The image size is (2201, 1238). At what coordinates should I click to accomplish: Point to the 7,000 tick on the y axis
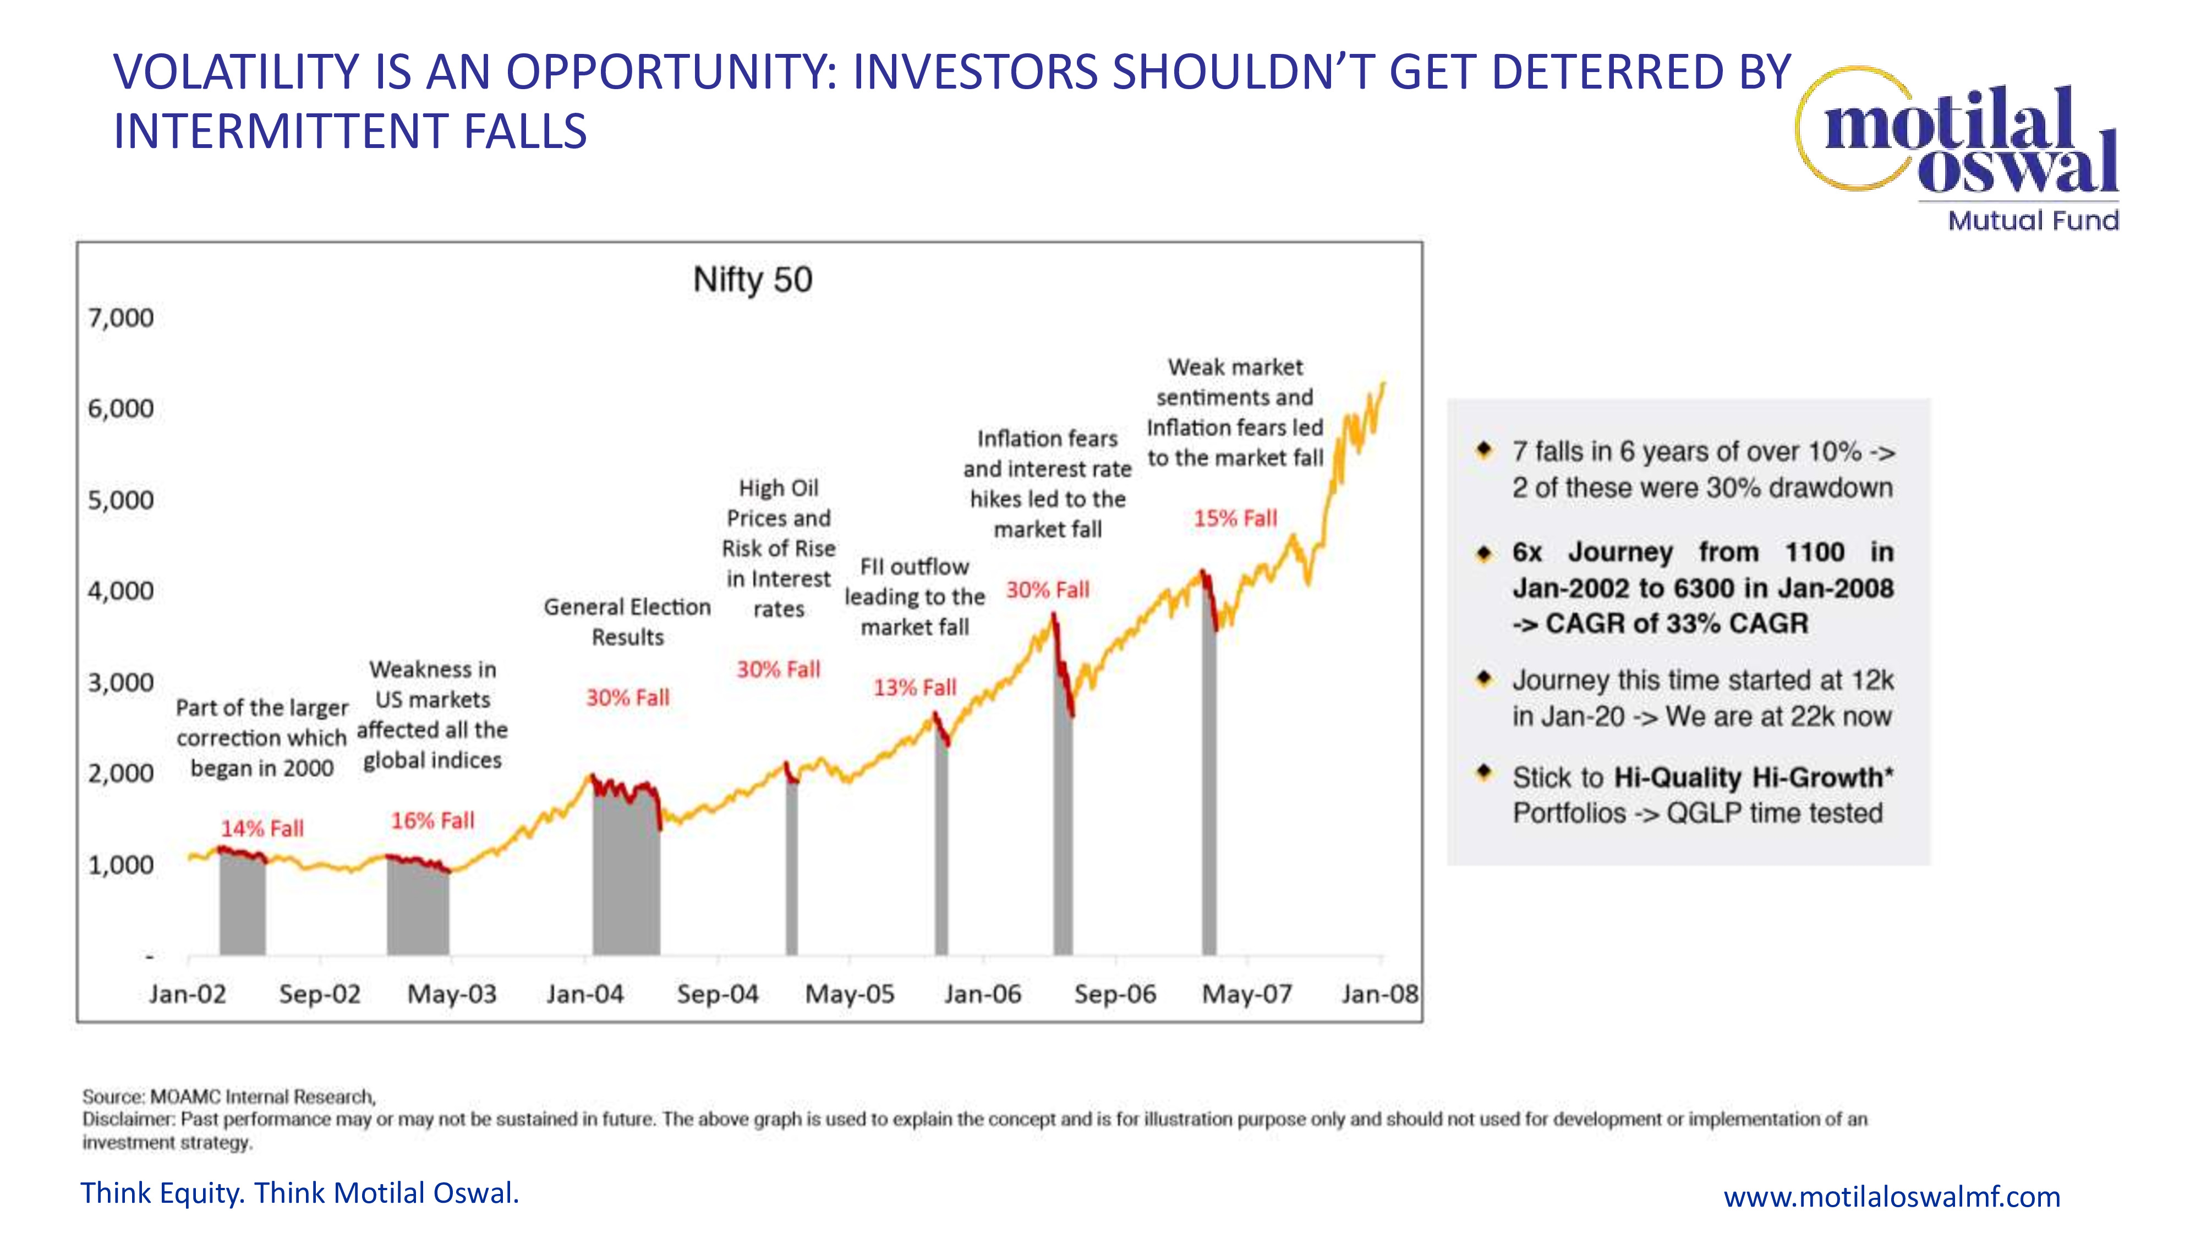(121, 318)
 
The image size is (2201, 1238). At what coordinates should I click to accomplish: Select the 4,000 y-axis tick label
(121, 590)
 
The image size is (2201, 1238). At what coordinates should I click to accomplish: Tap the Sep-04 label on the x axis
(717, 994)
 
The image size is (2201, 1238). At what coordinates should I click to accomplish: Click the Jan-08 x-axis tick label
(1379, 994)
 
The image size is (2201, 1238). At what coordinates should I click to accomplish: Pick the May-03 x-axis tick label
(452, 994)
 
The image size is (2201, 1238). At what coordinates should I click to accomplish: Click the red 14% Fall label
(262, 828)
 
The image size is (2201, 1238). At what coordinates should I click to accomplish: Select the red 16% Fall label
(432, 820)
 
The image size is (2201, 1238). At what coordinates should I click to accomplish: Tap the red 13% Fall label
(914, 687)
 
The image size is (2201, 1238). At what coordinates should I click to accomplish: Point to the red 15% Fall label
(1235, 518)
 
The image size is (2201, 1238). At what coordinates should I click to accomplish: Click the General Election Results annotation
(627, 621)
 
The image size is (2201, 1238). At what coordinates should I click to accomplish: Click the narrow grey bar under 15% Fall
(1208, 769)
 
